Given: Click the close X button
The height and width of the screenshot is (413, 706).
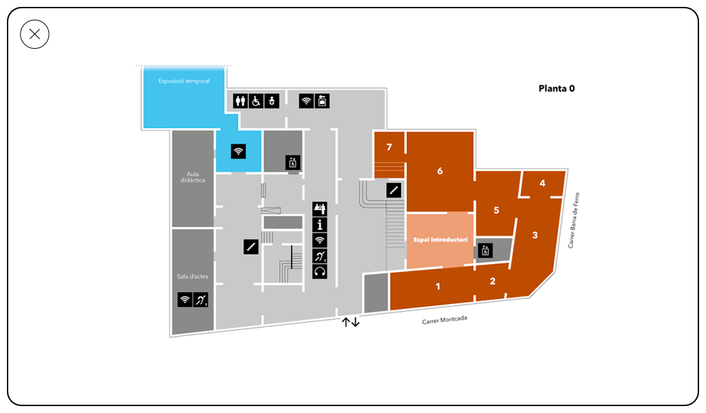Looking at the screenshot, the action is [x=34, y=34].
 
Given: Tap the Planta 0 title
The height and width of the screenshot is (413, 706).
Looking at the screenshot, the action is [x=556, y=89].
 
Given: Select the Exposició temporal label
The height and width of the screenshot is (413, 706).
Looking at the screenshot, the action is [x=183, y=81].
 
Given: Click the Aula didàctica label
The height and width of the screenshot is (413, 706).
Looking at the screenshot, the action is [x=193, y=177].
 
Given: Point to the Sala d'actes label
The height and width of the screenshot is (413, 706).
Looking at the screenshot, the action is [x=193, y=277].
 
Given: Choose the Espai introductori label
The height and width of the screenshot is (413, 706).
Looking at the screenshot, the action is [x=441, y=240].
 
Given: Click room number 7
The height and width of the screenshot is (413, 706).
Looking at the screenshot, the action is [x=389, y=147].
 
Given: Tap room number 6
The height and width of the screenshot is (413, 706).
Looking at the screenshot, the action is [x=440, y=171].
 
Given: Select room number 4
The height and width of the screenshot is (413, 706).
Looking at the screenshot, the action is [x=542, y=183].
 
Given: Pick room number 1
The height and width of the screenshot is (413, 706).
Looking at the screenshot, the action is [x=438, y=286].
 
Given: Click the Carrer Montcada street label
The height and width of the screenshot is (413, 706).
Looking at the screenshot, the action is [x=445, y=319].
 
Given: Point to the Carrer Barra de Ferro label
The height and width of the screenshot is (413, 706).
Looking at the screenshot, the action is [x=573, y=220].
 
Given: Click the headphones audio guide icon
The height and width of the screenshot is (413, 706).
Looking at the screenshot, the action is [x=320, y=271].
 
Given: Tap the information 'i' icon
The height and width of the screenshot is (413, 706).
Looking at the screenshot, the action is [x=320, y=224].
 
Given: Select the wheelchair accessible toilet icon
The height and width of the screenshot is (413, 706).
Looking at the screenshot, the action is [x=256, y=100].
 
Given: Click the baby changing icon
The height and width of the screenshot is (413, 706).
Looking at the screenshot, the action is [x=272, y=100].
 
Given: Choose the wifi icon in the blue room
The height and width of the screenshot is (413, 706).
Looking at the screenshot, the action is [x=238, y=151].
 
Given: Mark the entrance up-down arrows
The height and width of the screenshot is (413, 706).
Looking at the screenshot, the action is [x=351, y=321].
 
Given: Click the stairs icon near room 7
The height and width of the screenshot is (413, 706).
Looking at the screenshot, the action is [x=394, y=190].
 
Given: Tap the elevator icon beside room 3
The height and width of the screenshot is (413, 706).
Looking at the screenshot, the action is [x=485, y=251].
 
